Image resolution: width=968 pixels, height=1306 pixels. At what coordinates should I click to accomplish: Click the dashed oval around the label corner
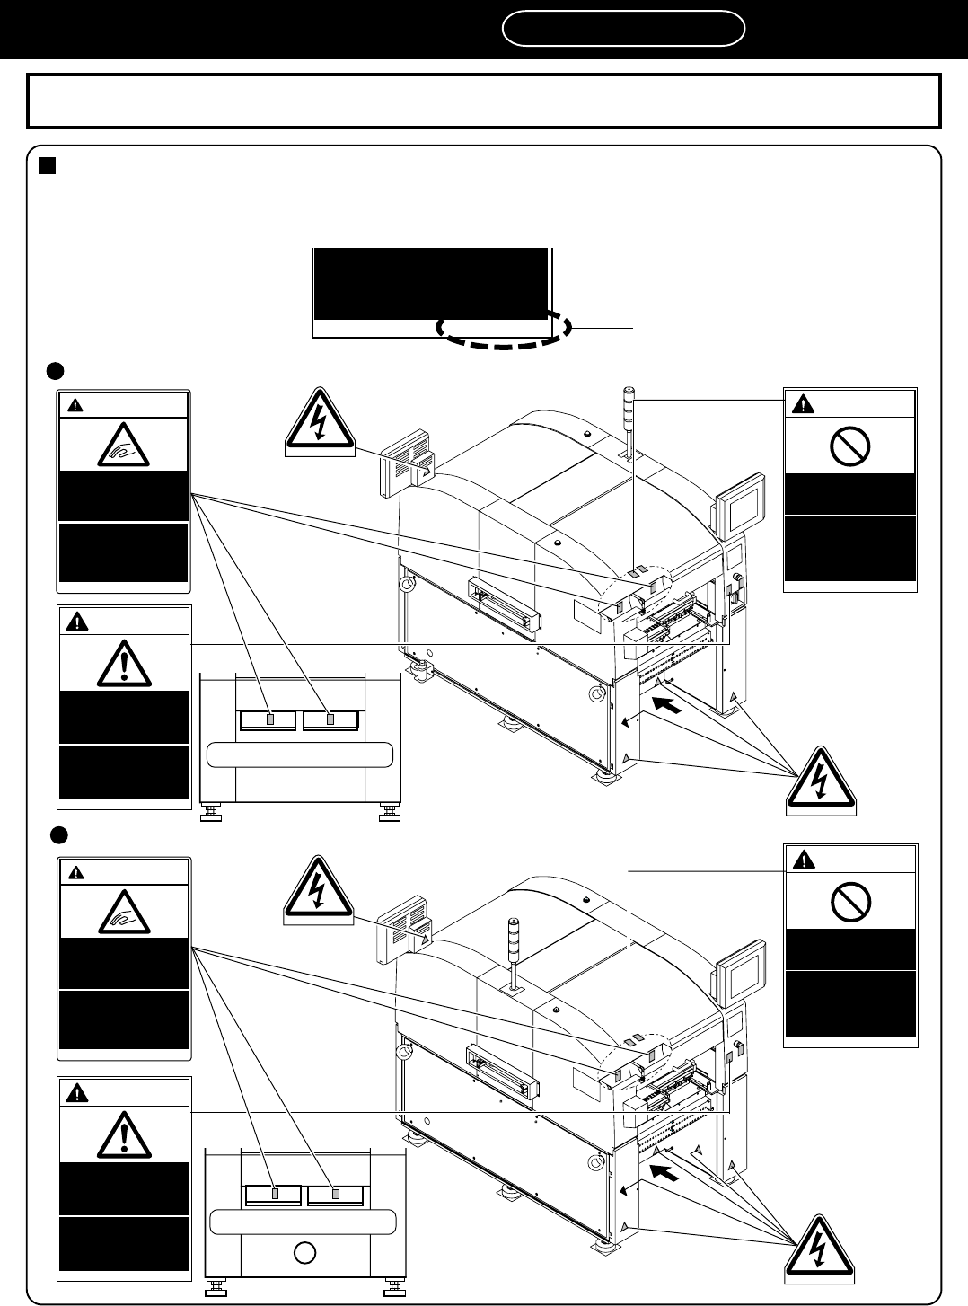[505, 329]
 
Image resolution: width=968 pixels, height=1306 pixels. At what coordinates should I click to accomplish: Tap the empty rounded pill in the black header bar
[623, 29]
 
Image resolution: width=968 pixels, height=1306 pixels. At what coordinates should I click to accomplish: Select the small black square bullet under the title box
[48, 166]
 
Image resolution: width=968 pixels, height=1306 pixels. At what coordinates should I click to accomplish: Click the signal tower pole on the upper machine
[629, 422]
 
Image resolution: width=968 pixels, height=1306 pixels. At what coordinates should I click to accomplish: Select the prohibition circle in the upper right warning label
[849, 447]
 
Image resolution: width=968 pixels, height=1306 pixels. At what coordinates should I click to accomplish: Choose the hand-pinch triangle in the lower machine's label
[123, 913]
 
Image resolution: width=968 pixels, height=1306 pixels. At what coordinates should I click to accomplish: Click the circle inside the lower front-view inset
[304, 1252]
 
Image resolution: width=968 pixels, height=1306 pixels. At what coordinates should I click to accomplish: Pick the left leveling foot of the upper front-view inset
[213, 814]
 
